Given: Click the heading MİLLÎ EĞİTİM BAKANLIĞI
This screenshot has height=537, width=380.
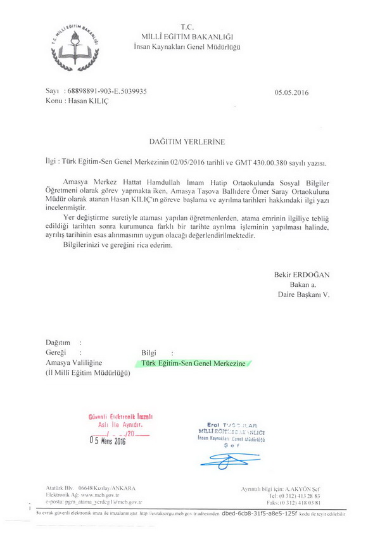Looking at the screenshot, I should pyautogui.click(x=187, y=37).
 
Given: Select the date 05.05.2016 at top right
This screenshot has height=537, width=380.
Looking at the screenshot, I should pyautogui.click(x=291, y=92).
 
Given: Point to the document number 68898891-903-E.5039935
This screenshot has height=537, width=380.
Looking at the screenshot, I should pyautogui.click(x=106, y=91).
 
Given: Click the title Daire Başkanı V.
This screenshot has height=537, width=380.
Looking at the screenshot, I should pyautogui.click(x=304, y=294).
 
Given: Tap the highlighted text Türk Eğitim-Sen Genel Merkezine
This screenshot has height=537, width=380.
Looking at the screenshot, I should pyautogui.click(x=193, y=363).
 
